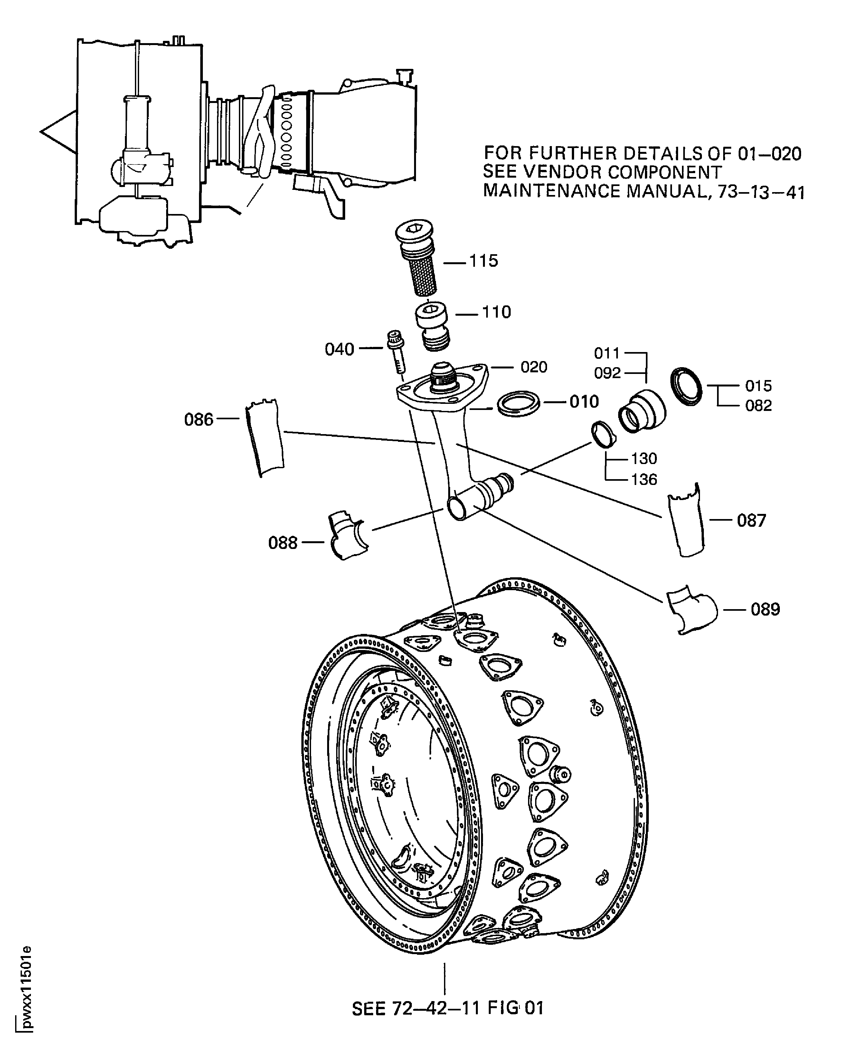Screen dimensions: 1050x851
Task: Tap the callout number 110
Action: (496, 312)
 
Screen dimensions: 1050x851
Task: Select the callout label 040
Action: (339, 350)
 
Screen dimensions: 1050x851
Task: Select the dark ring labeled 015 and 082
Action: (686, 386)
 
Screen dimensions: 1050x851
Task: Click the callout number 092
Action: (607, 373)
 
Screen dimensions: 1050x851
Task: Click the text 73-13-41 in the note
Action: (761, 192)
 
